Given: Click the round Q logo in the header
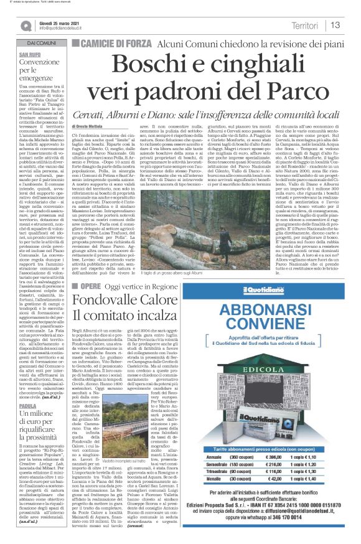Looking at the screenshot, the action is [x=26, y=26].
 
